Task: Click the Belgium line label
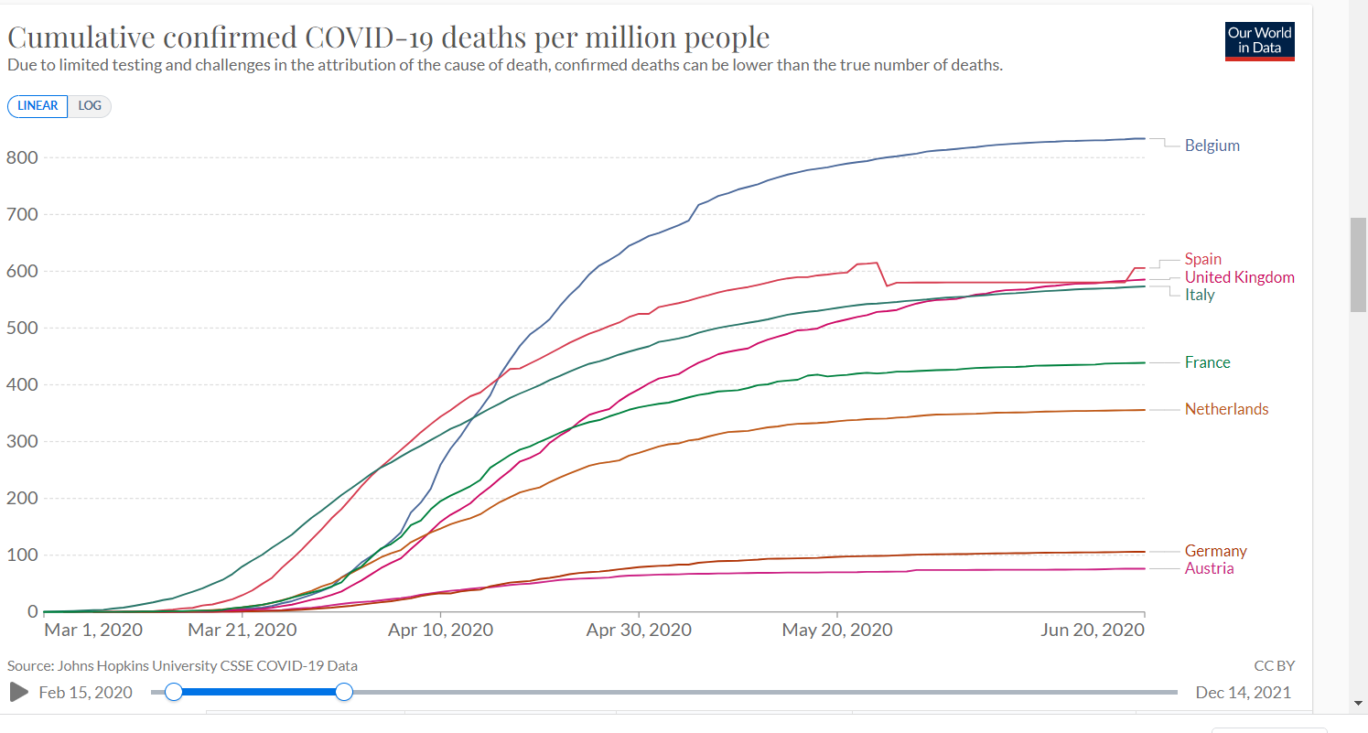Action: (1212, 146)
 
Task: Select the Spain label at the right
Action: (1202, 259)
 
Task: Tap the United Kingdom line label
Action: (1239, 277)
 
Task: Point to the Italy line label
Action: (1200, 295)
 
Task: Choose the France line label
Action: (1207, 362)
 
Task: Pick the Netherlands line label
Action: (1226, 409)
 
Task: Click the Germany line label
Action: (1215, 551)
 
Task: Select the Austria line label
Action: (1209, 568)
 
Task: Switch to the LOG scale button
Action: (90, 105)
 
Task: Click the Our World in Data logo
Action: (1260, 40)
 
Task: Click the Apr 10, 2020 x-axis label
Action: (440, 631)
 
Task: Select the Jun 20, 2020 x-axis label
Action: (1093, 631)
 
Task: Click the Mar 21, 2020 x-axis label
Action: (241, 631)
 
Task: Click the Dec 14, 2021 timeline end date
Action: (1243, 692)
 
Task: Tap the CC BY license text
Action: (1274, 666)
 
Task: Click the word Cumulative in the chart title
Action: (81, 38)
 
